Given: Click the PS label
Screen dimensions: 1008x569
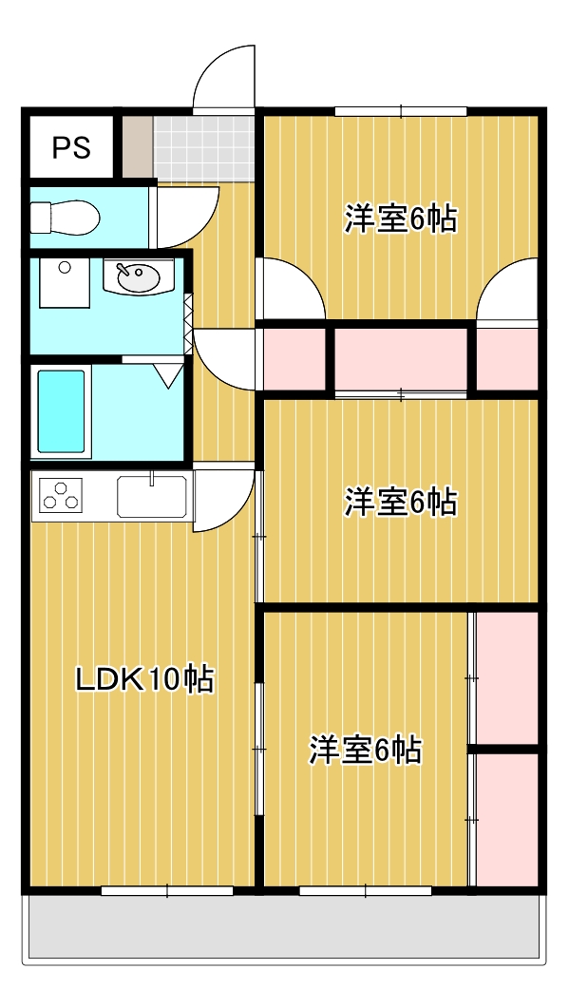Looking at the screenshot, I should click(71, 147).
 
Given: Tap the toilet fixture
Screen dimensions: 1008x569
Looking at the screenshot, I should click(65, 218).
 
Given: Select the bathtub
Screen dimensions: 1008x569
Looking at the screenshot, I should click(62, 412).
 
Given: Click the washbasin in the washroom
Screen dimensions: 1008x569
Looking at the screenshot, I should click(139, 278).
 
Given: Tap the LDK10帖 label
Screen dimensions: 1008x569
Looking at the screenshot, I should click(144, 680).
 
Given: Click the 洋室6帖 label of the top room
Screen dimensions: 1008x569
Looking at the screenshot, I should click(400, 220).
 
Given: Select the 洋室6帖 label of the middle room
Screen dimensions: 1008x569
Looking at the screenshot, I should click(400, 501).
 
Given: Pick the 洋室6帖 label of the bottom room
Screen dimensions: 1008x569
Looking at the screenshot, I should click(365, 751).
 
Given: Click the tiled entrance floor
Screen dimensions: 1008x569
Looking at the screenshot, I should click(204, 147).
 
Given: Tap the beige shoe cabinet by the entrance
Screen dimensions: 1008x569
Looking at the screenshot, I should click(137, 147).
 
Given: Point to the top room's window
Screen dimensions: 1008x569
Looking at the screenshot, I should click(400, 112).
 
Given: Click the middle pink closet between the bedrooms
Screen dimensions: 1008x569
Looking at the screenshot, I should click(400, 360).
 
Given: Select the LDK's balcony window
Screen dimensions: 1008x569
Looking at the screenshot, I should click(167, 890).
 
